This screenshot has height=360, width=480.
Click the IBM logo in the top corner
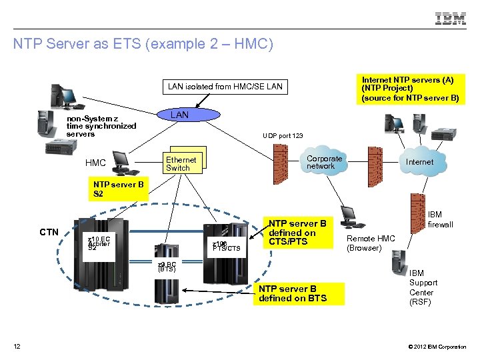[x=451, y=19]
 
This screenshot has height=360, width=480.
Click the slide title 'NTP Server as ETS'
[x=143, y=45]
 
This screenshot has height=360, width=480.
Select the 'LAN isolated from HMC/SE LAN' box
[x=225, y=86]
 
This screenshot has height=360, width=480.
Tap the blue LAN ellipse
[x=179, y=115]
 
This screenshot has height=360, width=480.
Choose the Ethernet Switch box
[x=182, y=163]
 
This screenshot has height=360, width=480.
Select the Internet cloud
[x=419, y=162]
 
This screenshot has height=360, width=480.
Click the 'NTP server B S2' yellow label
[x=119, y=189]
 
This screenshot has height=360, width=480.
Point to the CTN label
[x=49, y=232]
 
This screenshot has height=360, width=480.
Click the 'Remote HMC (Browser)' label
[x=371, y=243]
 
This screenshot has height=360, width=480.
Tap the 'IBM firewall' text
[x=440, y=220]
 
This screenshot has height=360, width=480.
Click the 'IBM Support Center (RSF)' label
[x=421, y=287]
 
